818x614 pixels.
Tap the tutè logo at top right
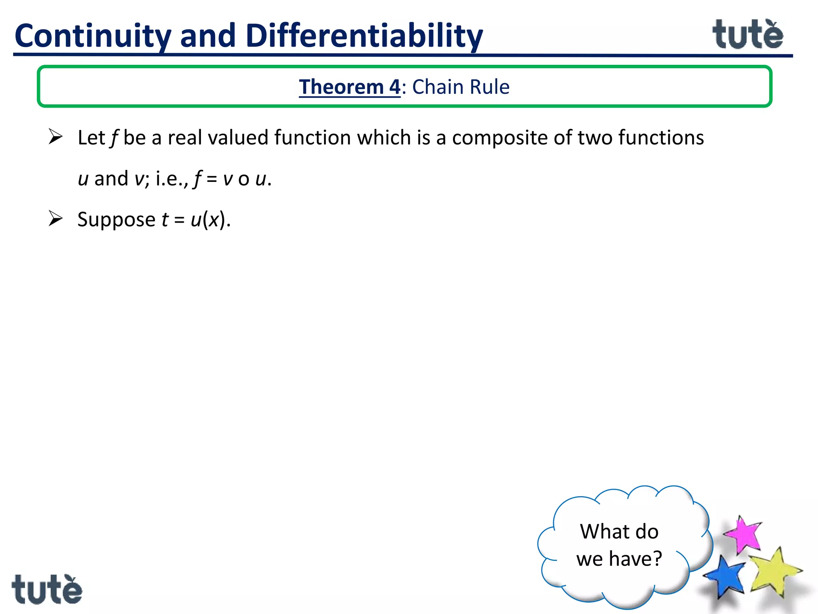(x=747, y=35)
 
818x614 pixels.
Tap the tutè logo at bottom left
(x=47, y=589)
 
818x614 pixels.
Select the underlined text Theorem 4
(x=349, y=87)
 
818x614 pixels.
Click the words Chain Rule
(x=461, y=87)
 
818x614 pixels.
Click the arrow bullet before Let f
(x=56, y=137)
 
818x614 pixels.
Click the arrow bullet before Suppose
(x=56, y=219)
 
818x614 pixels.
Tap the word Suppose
(x=116, y=220)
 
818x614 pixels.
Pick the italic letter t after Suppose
(x=165, y=219)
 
